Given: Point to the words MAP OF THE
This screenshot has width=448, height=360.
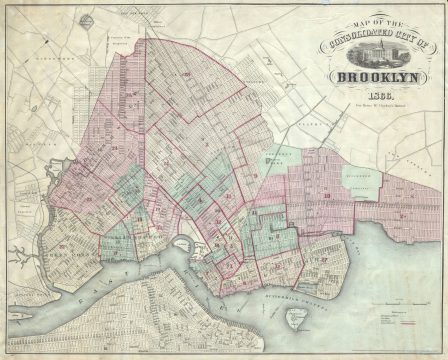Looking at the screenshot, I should [x=378, y=24].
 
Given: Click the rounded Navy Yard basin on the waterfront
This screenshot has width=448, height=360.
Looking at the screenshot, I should [x=182, y=244].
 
